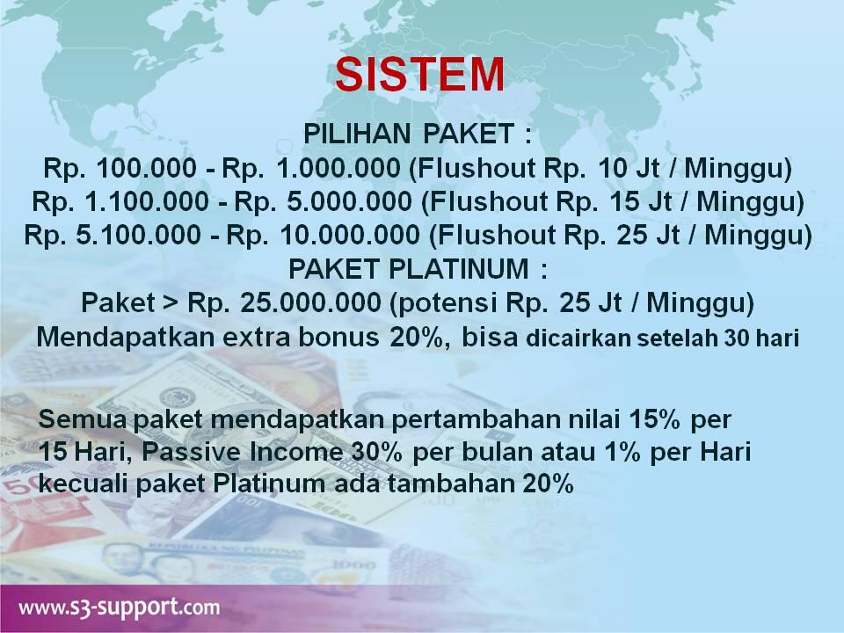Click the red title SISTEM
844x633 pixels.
click(420, 75)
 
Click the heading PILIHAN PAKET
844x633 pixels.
click(418, 135)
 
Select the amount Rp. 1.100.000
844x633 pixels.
click(118, 202)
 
